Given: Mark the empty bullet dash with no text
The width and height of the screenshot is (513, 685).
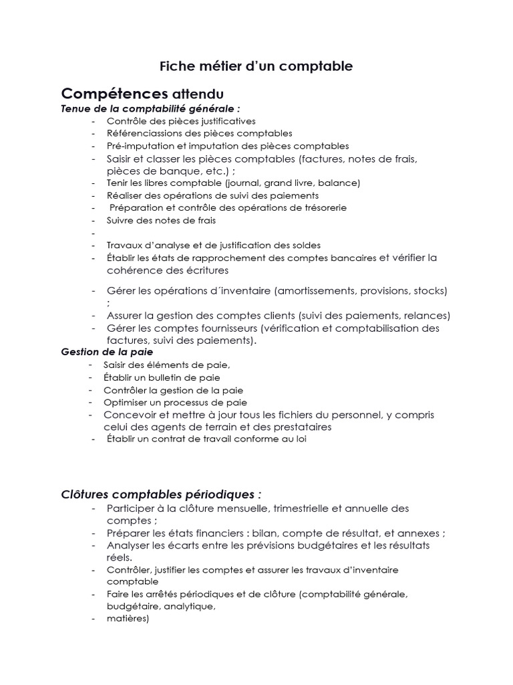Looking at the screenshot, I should pyautogui.click(x=94, y=233).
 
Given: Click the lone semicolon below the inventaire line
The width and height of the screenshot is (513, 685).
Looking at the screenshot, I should pyautogui.click(x=108, y=303).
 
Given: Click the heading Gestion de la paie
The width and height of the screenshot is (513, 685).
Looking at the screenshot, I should pyautogui.click(x=107, y=352).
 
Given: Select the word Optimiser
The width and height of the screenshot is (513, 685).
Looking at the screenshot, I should pyautogui.click(x=125, y=402).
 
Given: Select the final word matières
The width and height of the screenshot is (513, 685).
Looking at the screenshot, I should pyautogui.click(x=127, y=619).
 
